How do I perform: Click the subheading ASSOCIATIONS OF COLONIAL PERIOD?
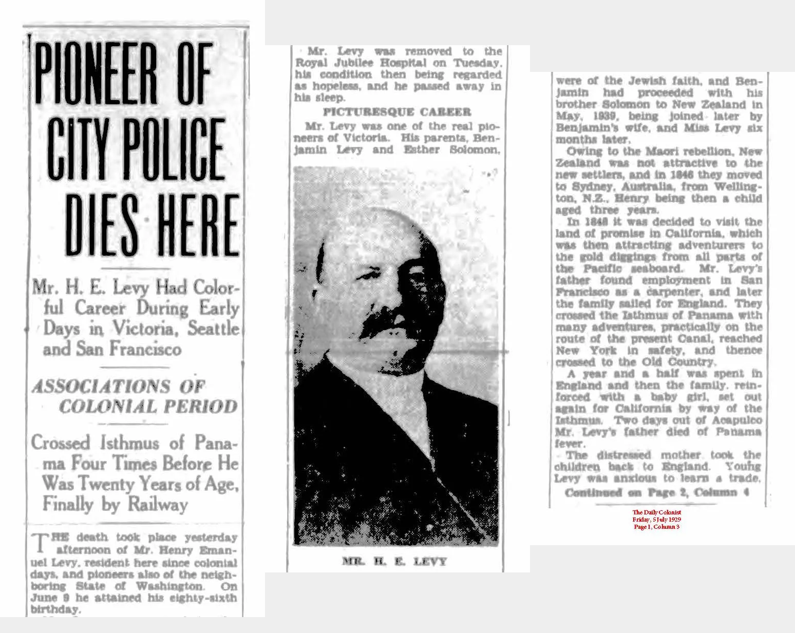(134, 396)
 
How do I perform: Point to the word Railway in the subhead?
(158, 505)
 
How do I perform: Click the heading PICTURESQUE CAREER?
(396, 112)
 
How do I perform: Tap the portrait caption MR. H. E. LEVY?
(394, 561)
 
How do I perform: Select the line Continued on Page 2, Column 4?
(657, 492)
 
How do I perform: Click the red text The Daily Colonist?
(656, 512)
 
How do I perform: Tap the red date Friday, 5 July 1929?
(656, 520)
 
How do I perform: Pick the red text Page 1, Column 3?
(656, 527)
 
